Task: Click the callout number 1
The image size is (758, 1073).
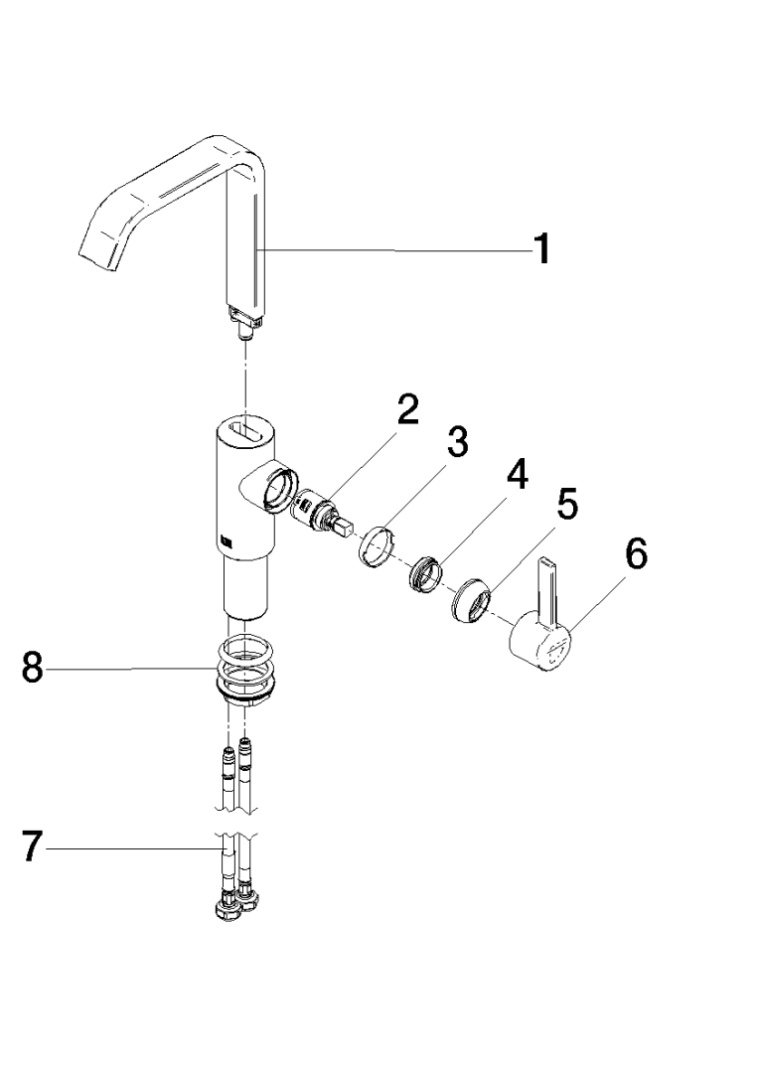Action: coord(540,248)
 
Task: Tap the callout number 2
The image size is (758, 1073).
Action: coord(407,410)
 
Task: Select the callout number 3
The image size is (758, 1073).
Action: coord(456,444)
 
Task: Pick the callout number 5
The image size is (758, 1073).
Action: coord(565,506)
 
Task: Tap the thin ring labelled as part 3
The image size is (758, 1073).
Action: coord(376,545)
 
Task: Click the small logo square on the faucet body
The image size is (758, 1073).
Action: coord(224,541)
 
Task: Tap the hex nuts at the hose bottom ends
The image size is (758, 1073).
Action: coord(234,906)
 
